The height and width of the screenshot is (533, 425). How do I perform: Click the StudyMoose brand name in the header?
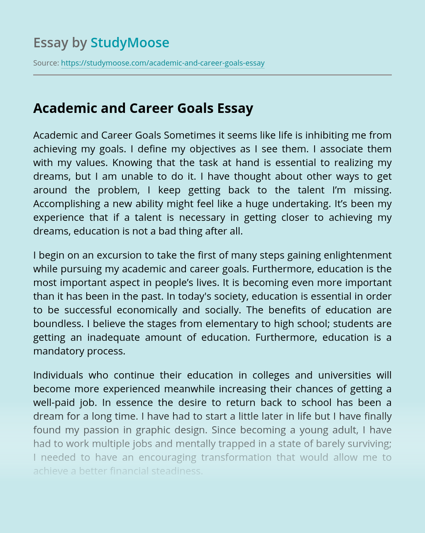coord(129,43)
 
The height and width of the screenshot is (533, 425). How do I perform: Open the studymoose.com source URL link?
coord(163,63)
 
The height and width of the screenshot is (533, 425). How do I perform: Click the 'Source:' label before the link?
coord(46,63)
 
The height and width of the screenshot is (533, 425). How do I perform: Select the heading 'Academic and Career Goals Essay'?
coord(143,108)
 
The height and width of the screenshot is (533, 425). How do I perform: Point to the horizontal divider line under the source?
coord(212,75)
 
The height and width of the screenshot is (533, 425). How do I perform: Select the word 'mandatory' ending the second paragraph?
coord(59,351)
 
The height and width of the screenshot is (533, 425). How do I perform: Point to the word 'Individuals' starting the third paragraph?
coord(58,375)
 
